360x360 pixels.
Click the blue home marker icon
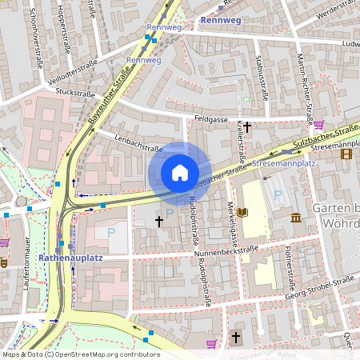point(180,173)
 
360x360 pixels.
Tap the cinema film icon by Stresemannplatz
point(345,154)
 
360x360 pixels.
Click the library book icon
point(242,213)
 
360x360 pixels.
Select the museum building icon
point(296,218)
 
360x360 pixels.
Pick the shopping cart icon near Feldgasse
point(319,124)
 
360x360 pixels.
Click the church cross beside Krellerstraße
point(247,126)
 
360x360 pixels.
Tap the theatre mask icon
point(4,261)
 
